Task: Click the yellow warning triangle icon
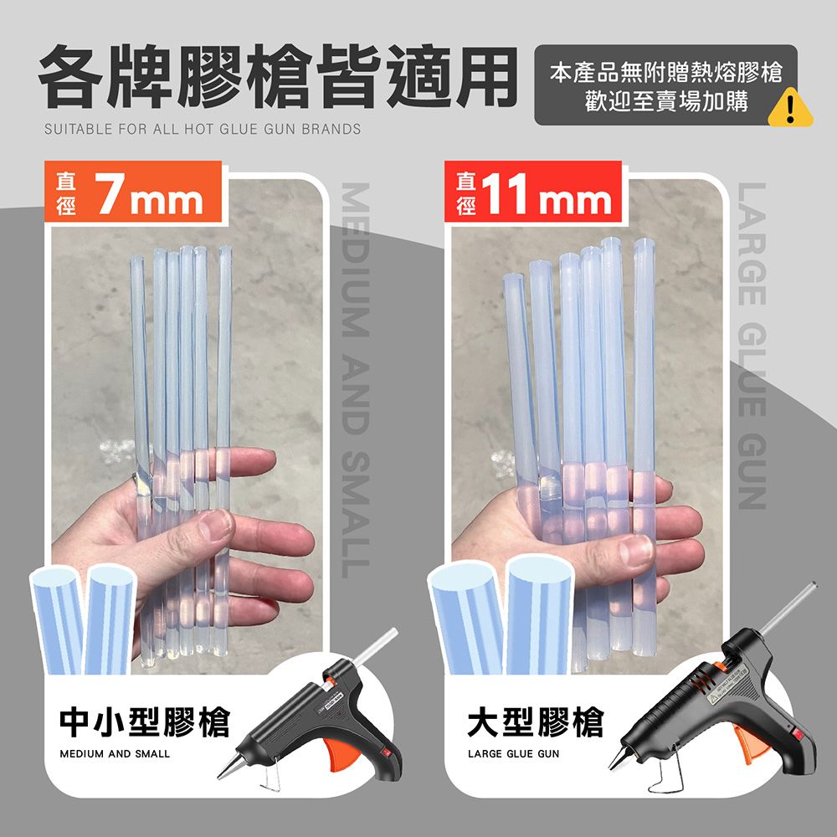tap(791, 108)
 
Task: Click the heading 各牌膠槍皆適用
tap(278, 76)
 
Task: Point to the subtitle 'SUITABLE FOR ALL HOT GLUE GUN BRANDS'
tap(203, 129)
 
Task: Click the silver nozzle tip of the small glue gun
tap(218, 777)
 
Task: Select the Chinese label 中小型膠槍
tap(145, 722)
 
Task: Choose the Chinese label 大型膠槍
tap(536, 722)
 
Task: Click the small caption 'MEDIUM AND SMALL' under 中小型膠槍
tap(115, 754)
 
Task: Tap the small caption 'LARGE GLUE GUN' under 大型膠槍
tap(514, 754)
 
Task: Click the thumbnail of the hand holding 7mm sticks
tap(187, 427)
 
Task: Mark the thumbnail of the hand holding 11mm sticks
tap(588, 427)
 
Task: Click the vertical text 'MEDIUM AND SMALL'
tap(356, 380)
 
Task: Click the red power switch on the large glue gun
tap(798, 735)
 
